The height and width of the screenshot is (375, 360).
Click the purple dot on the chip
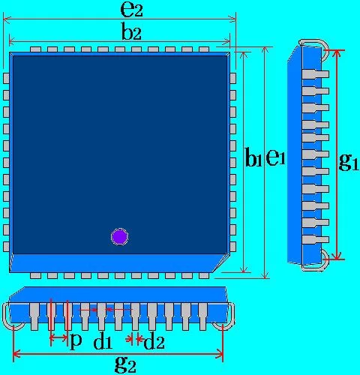120,236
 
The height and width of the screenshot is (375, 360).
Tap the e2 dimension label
131,10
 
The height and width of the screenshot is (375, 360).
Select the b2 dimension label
131,31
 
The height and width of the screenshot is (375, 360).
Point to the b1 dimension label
253,157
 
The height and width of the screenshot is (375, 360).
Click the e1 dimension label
275,157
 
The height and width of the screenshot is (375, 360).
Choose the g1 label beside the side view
349,162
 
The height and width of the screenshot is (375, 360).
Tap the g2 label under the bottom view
125,364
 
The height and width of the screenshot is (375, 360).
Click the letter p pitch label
76,340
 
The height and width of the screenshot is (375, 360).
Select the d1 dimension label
103,342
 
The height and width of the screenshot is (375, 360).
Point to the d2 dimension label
154,342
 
